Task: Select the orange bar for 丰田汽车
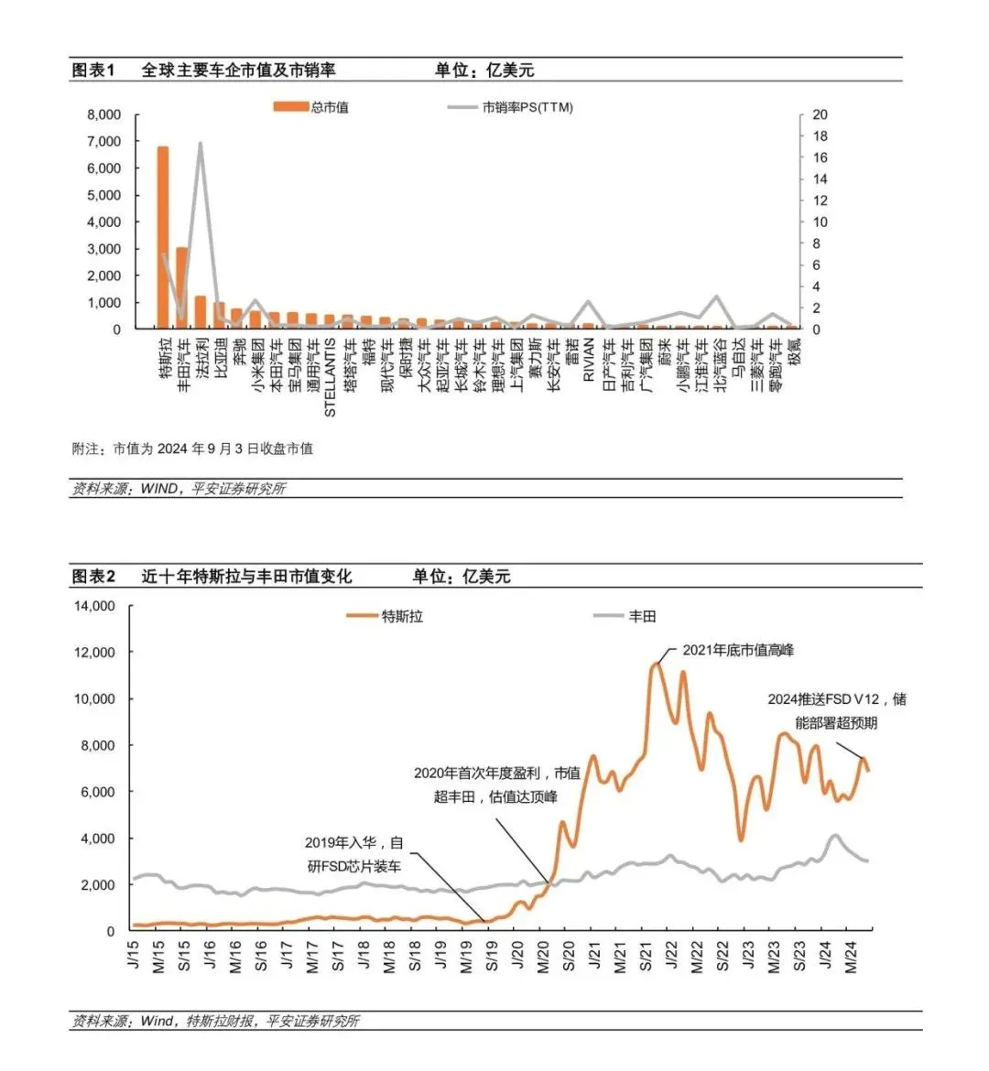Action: coord(181,287)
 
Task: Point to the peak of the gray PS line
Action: coord(200,144)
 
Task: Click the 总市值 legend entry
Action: coord(312,107)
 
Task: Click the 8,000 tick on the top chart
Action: coord(103,114)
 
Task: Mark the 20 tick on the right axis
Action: coord(820,114)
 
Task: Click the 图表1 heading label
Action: coord(93,70)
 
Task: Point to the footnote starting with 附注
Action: coord(192,449)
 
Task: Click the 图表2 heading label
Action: coord(93,576)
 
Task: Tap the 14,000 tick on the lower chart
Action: coord(94,606)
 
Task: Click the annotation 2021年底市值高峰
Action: coord(738,650)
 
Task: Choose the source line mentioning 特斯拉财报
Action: coord(215,1021)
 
